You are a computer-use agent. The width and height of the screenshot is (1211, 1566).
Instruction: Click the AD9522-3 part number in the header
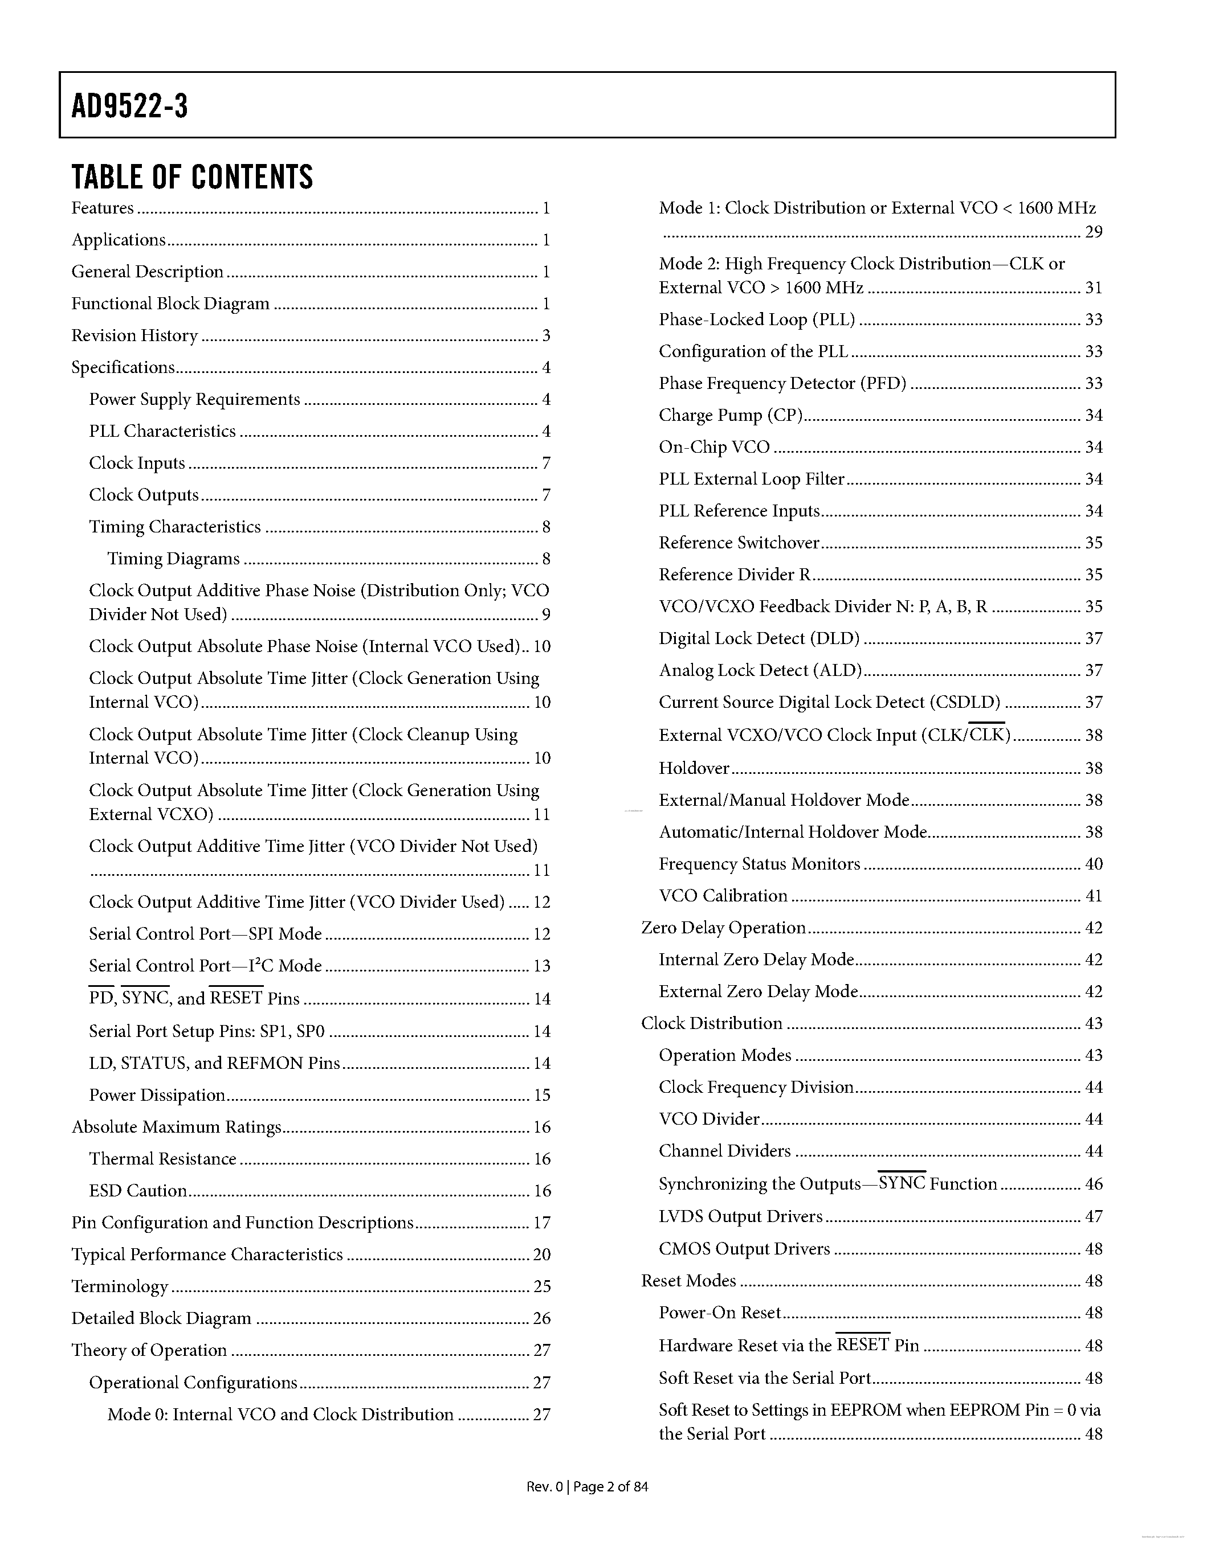tap(130, 106)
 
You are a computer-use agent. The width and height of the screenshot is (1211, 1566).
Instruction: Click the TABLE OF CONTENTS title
tap(192, 177)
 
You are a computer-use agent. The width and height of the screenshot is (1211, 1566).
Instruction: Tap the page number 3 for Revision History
tap(546, 335)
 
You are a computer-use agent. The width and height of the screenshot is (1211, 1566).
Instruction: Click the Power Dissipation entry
tap(156, 1095)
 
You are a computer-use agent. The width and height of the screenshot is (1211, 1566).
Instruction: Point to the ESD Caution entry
tap(138, 1190)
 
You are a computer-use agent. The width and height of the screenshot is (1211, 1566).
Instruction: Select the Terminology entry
tap(119, 1286)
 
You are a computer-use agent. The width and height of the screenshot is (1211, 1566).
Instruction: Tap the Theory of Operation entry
tap(149, 1350)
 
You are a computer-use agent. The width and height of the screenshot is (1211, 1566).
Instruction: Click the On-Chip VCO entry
tap(714, 448)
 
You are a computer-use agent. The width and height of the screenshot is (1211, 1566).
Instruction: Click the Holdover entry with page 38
tap(694, 768)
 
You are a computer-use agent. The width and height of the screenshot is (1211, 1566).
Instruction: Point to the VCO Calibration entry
tap(723, 896)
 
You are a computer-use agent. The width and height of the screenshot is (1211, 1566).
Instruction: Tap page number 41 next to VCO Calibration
tap(1094, 896)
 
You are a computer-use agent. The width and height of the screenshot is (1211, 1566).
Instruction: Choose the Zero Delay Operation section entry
tap(723, 928)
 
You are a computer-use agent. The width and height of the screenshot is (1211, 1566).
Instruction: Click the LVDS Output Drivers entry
tap(740, 1216)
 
